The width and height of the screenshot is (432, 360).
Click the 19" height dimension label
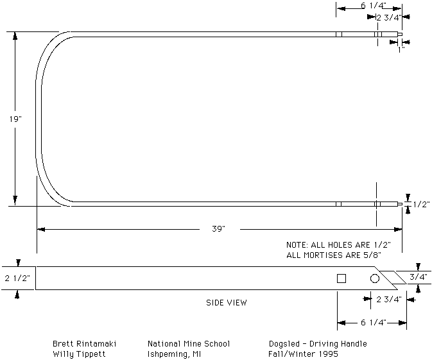click(x=15, y=119)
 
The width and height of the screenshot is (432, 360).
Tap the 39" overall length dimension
click(x=219, y=228)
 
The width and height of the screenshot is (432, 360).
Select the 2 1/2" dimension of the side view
click(x=17, y=279)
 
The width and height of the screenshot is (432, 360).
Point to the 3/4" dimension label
click(x=419, y=277)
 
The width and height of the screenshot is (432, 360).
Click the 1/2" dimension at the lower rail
click(x=422, y=204)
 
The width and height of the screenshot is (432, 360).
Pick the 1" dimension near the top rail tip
click(x=401, y=49)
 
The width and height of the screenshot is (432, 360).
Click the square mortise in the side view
click(x=341, y=279)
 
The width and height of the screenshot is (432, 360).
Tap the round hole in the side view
click(x=374, y=279)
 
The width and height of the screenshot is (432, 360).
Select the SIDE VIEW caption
click(x=227, y=303)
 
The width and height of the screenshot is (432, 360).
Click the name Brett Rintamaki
click(x=85, y=344)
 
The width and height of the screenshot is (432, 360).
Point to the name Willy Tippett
click(x=79, y=354)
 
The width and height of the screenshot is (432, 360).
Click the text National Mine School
click(x=189, y=344)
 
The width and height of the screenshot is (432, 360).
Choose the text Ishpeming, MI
click(x=175, y=354)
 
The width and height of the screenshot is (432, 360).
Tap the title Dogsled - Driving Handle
click(x=318, y=344)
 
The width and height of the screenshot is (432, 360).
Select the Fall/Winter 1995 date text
click(x=304, y=354)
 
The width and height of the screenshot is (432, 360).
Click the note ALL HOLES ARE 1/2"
click(x=338, y=245)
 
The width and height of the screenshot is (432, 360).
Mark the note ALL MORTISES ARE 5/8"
click(x=334, y=255)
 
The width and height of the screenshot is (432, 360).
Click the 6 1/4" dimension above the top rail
click(x=374, y=6)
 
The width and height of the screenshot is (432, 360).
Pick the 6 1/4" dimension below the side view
click(x=374, y=322)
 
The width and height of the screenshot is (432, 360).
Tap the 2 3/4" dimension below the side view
click(x=389, y=299)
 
